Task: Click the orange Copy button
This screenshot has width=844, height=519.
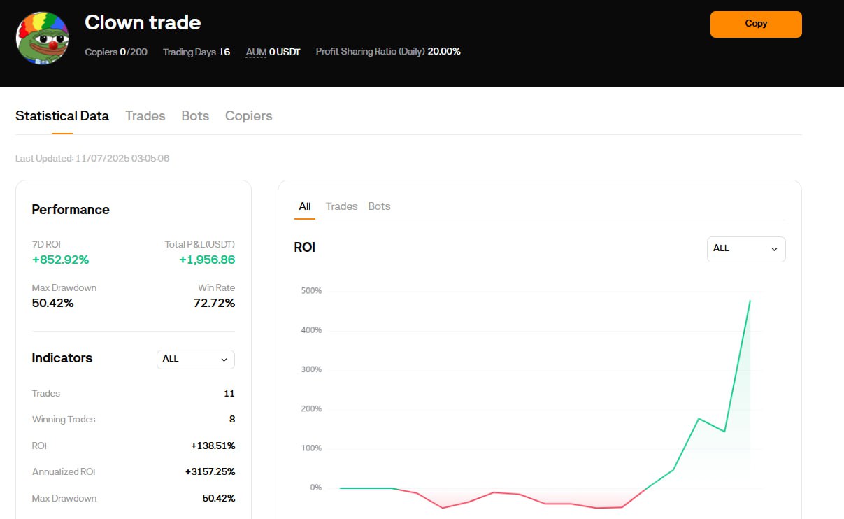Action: [x=756, y=24]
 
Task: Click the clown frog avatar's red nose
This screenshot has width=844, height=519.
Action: [x=53, y=46]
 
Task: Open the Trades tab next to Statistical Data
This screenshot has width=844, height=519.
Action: [x=145, y=115]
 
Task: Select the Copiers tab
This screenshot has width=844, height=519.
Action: [x=249, y=115]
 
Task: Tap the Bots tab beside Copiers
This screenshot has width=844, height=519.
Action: [x=195, y=115]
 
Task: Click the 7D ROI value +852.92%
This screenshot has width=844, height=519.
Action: [x=60, y=259]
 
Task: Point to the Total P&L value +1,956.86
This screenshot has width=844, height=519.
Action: [x=207, y=259]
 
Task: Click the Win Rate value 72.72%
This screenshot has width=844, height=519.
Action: [x=214, y=303]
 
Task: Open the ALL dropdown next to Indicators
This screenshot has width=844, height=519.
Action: [x=196, y=360]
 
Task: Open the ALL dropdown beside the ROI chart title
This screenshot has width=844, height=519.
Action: [x=746, y=249]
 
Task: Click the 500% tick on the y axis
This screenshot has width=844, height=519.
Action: [x=311, y=290]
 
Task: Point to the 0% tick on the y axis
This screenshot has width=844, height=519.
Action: [x=316, y=488]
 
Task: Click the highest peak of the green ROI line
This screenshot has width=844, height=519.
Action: [x=750, y=301]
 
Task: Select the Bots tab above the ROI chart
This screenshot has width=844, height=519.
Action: [x=379, y=206]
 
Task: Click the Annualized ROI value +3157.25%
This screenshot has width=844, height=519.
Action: [x=210, y=471]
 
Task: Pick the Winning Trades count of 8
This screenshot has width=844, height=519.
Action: [x=232, y=419]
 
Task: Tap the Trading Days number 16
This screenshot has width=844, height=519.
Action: [x=224, y=52]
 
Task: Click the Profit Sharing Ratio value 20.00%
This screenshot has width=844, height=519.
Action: [x=444, y=51]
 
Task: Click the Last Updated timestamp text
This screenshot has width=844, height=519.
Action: [x=92, y=158]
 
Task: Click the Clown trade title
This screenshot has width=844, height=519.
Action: [x=143, y=22]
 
